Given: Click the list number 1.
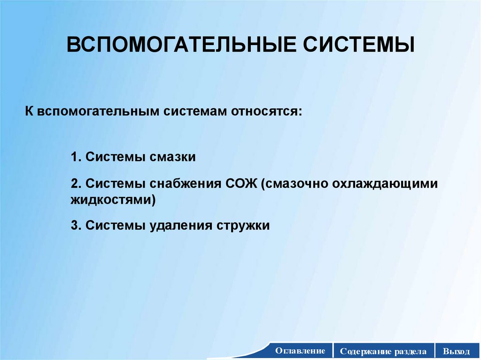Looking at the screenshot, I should tap(76, 157).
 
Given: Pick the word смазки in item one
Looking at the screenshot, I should tap(172, 157).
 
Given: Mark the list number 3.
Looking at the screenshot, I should tap(76, 225).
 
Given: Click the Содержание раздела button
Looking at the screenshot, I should tap(383, 351).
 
